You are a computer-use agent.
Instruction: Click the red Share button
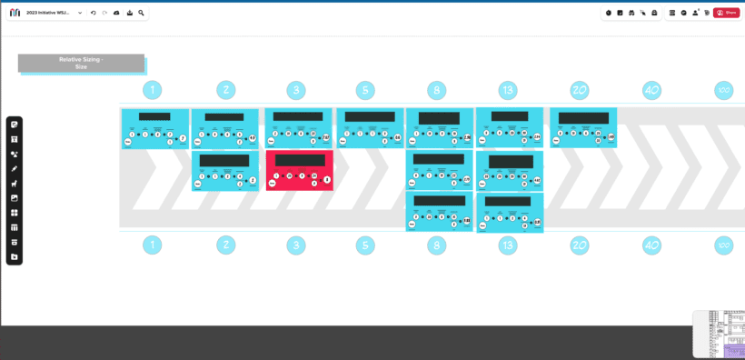point(726,13)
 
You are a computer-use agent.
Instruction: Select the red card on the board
point(299,170)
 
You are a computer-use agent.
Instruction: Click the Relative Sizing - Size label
point(81,63)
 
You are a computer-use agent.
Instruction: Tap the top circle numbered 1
point(153,90)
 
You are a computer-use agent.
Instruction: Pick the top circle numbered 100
point(723,90)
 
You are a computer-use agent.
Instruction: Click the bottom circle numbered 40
point(651,245)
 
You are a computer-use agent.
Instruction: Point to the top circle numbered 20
point(580,90)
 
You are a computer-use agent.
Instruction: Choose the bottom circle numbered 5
point(365,245)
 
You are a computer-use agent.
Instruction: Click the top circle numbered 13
point(508,90)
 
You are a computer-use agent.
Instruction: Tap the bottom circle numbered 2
point(226,245)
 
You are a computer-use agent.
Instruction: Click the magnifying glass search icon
point(142,13)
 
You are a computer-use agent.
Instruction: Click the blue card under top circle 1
point(155,128)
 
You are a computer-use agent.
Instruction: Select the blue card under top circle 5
point(370,128)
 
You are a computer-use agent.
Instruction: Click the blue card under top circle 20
point(583,128)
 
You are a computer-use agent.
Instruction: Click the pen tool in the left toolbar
point(15,168)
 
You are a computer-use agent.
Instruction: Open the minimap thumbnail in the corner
point(719,334)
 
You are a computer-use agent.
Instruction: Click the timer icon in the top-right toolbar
point(609,13)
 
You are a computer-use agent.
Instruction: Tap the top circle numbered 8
point(437,90)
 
